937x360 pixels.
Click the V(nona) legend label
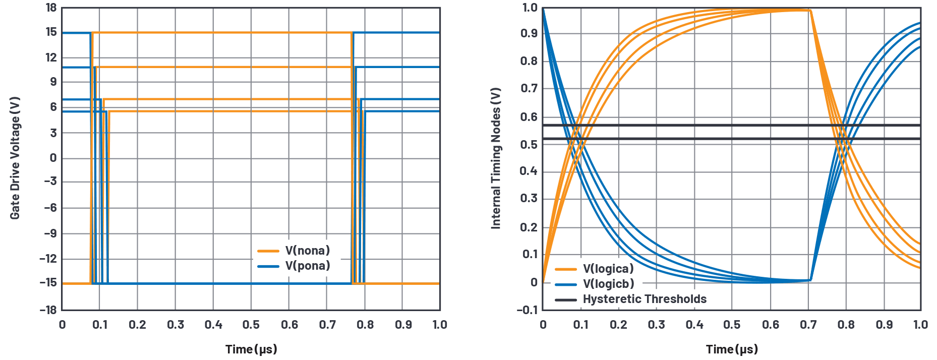click(307, 251)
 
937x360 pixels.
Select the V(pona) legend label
click(307, 266)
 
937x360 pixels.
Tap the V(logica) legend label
click(608, 269)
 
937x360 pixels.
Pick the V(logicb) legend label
click(608, 284)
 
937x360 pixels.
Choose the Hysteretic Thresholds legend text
click(645, 299)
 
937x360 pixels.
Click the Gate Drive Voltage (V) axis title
click(15, 158)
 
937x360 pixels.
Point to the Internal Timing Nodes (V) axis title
click(496, 158)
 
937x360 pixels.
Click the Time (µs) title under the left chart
click(251, 349)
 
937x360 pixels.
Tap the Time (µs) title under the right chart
click(732, 349)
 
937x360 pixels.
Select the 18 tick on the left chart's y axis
click(51, 8)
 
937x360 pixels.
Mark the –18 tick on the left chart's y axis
click(48, 310)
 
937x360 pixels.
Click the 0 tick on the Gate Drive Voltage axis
click(53, 158)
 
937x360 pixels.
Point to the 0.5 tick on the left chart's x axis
click(251, 325)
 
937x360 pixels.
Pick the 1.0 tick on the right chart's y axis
click(530, 8)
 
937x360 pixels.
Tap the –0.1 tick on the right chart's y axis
click(527, 310)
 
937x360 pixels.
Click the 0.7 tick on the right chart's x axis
click(808, 325)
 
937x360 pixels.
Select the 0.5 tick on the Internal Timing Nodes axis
click(530, 145)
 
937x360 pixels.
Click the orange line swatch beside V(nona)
click(268, 251)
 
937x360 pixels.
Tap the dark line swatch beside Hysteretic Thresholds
click(566, 299)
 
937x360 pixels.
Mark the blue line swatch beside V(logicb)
click(566, 284)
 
